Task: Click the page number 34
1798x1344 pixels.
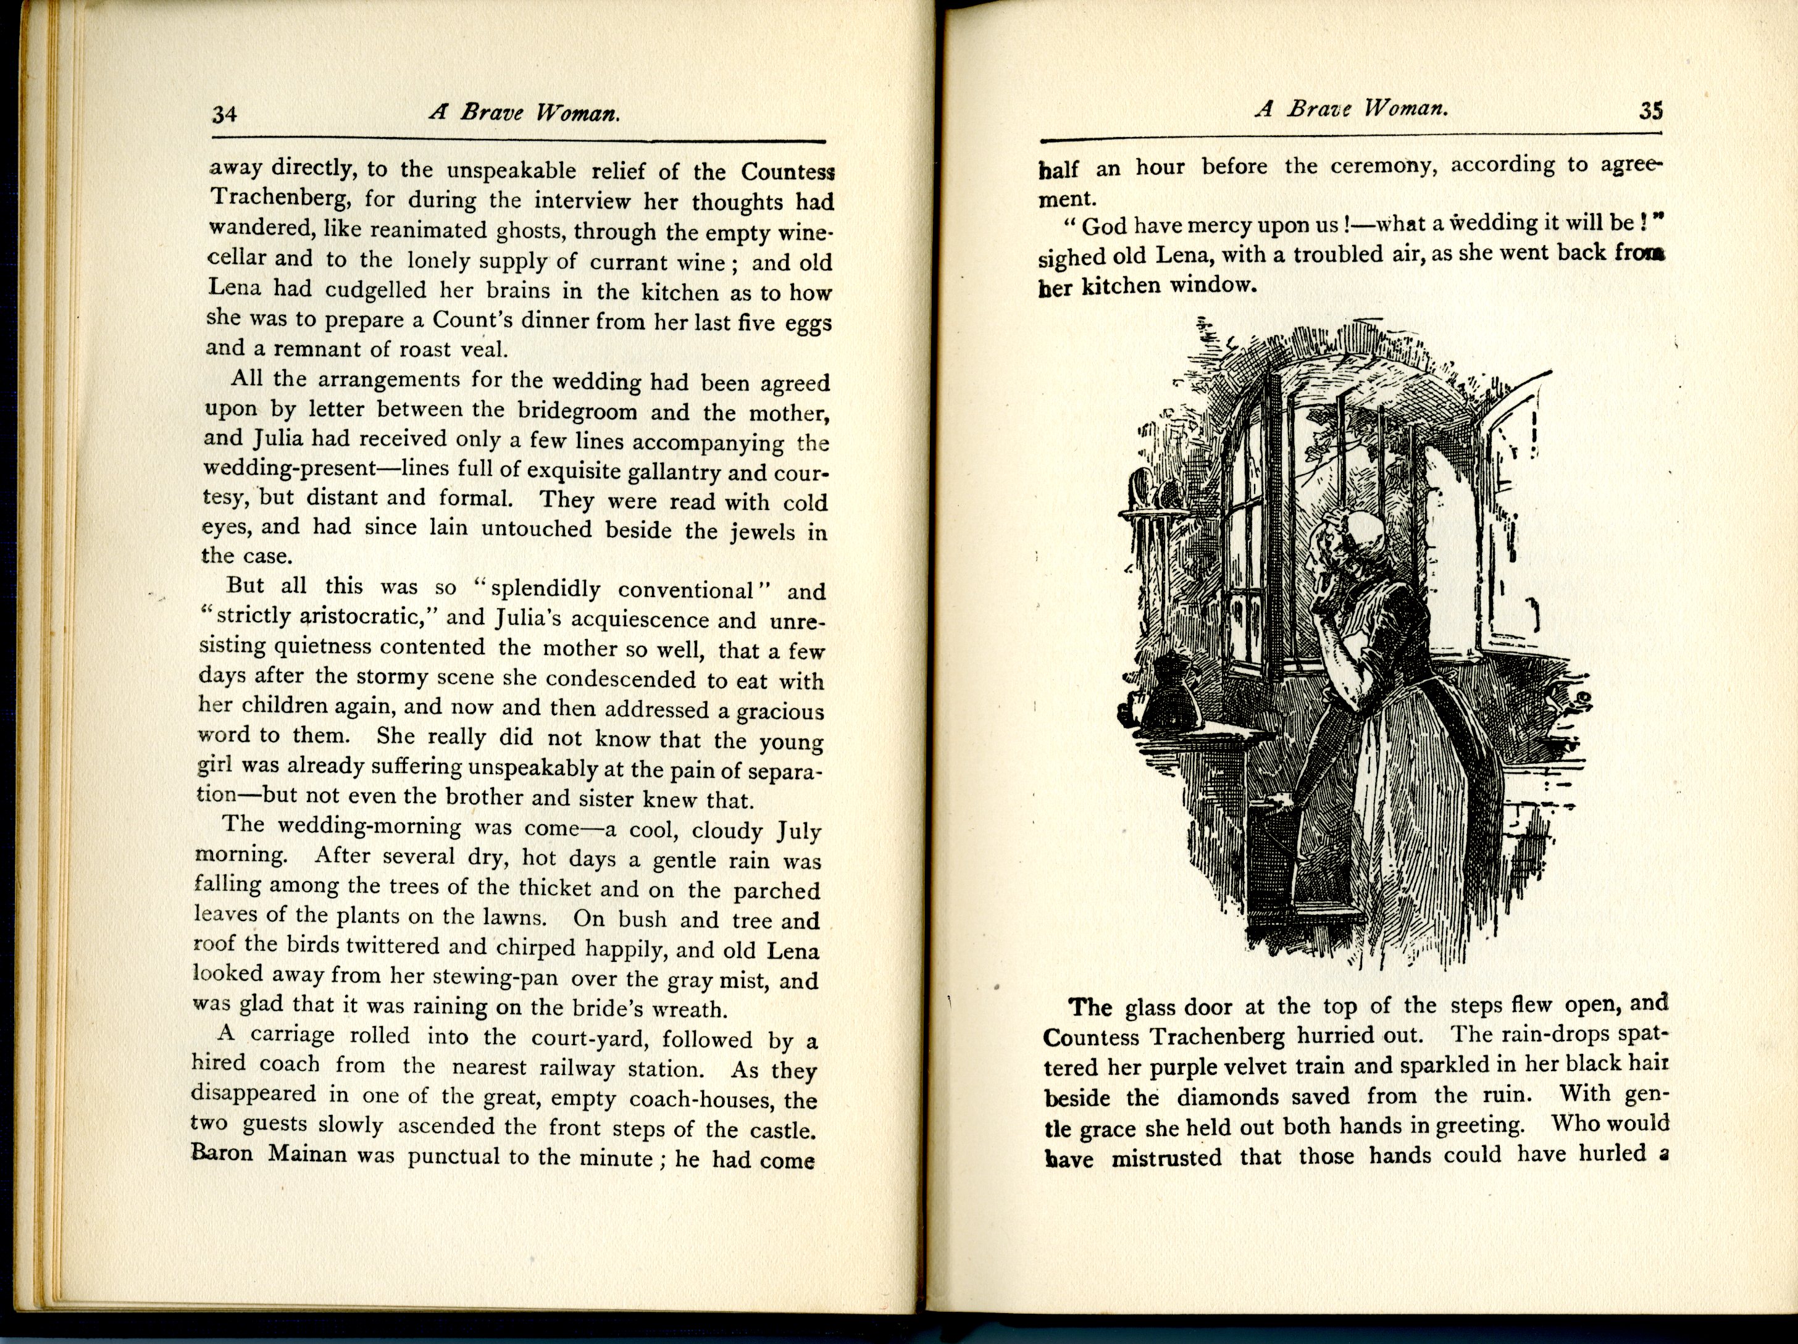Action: pos(224,113)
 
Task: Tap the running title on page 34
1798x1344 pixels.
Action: pos(524,112)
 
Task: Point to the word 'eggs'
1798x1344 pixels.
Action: pos(808,323)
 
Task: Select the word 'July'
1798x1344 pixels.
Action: pos(798,830)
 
